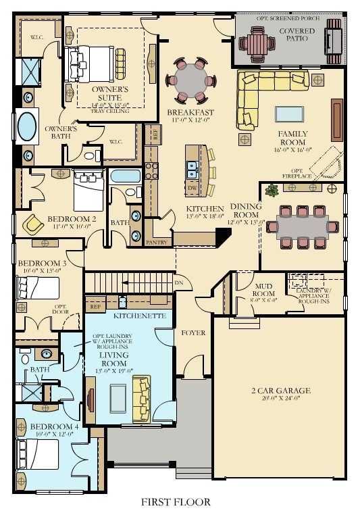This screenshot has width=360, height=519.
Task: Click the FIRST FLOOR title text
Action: pos(176,501)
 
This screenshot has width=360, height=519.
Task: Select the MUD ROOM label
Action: pos(263,290)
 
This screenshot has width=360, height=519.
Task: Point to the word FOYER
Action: pos(193,332)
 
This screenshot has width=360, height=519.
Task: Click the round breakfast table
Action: pos(191,79)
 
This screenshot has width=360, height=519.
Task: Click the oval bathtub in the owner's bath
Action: pos(28,126)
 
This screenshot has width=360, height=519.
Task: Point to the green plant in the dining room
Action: pos(272,190)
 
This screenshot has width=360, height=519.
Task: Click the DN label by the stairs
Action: pos(179,282)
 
